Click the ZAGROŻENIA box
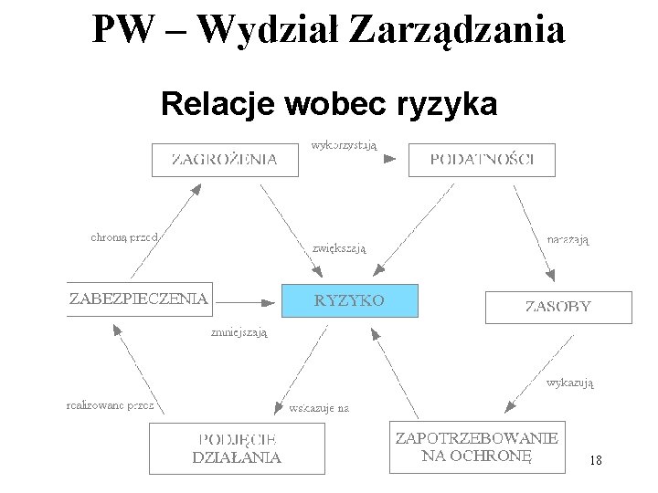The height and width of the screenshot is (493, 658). click(225, 159)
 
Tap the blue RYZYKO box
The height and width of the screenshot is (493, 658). click(349, 300)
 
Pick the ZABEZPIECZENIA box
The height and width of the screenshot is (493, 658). click(140, 299)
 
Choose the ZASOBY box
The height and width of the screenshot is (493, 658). click(557, 307)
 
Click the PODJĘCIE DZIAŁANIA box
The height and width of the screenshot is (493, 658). click(237, 448)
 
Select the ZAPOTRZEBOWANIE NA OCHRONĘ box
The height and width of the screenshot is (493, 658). click(476, 446)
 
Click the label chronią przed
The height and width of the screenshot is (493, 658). click(125, 237)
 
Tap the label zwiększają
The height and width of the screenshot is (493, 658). click(339, 246)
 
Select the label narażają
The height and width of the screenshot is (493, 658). click(568, 239)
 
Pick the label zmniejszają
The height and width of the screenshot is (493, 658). click(239, 333)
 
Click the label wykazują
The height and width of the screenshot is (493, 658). click(569, 383)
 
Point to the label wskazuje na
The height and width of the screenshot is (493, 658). click(319, 408)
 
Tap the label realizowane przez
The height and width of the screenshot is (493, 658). click(111, 404)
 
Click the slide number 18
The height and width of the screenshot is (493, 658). click(596, 461)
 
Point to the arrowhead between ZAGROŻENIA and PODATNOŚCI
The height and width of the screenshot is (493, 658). click(389, 159)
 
